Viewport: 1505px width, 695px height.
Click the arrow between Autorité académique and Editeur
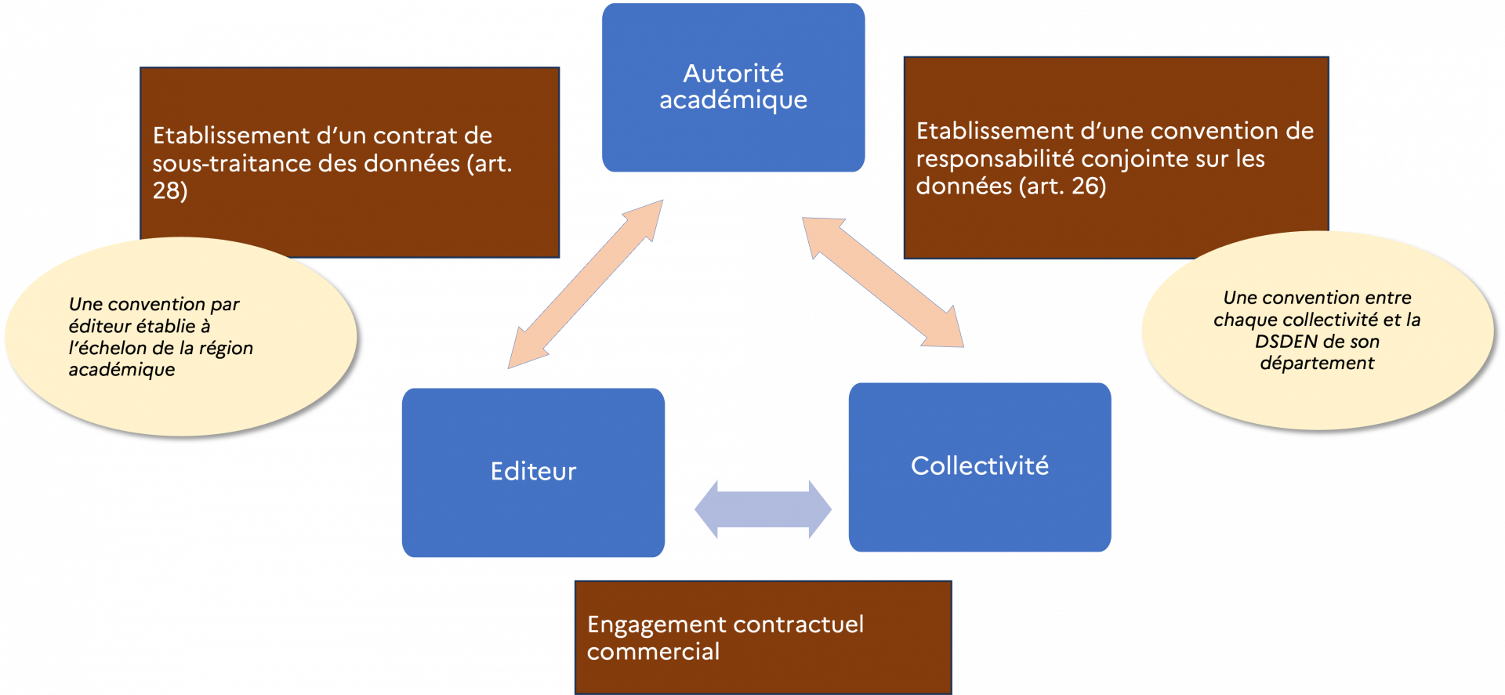586,284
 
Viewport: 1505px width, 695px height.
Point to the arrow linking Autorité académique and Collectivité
883,282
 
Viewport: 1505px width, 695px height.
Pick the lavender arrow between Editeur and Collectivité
763,509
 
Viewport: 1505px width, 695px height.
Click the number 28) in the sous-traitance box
169,190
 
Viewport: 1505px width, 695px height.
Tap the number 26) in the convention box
1088,186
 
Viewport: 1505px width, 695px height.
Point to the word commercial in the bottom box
653,652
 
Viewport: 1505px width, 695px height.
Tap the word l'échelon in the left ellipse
107,348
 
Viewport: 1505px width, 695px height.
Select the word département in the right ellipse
1317,363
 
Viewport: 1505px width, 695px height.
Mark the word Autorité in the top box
733,74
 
